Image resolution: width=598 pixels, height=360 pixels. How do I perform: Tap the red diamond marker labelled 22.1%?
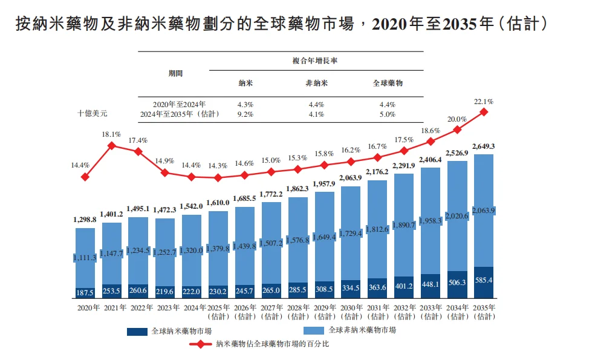pyautogui.click(x=484, y=112)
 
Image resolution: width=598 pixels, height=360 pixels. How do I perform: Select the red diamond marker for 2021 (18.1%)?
pyautogui.click(x=112, y=145)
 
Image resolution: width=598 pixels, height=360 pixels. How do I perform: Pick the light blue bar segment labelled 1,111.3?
pyautogui.click(x=85, y=257)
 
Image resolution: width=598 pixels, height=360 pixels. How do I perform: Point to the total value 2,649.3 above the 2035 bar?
pyautogui.click(x=484, y=146)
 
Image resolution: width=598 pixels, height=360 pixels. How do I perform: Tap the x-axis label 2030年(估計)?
pyautogui.click(x=351, y=312)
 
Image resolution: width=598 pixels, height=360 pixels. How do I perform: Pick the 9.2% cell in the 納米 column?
pyautogui.click(x=245, y=114)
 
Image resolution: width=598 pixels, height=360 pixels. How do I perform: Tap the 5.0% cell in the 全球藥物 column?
pyautogui.click(x=387, y=114)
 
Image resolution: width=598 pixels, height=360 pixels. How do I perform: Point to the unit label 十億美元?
pyautogui.click(x=93, y=113)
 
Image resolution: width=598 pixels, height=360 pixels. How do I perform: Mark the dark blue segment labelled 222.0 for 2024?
pyautogui.click(x=191, y=292)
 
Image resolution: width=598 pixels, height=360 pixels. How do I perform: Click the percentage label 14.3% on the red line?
pyautogui.click(x=218, y=166)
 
